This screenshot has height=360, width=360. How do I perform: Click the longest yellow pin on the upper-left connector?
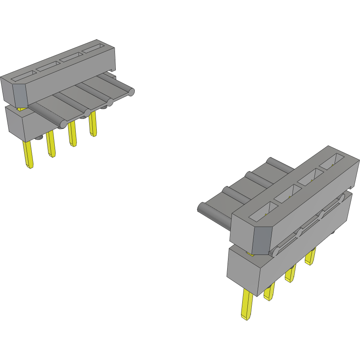pyautogui.click(x=28, y=154)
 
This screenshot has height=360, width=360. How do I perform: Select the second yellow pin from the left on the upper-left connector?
pyautogui.click(x=51, y=144)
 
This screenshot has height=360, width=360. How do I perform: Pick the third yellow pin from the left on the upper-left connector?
pyautogui.click(x=72, y=134)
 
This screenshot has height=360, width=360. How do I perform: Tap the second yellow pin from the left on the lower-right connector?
pyautogui.click(x=269, y=292)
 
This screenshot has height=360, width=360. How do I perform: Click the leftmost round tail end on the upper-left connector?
pyautogui.click(x=63, y=124)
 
